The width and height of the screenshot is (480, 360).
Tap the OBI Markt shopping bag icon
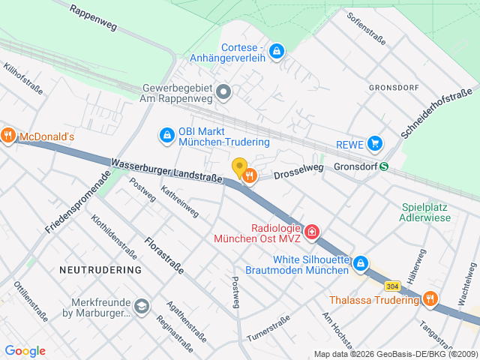click(166, 135)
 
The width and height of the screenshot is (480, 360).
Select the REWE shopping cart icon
click(375, 143)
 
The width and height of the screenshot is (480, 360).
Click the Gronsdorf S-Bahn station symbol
click(384, 166)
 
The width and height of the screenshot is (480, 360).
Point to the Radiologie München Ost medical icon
click(312, 232)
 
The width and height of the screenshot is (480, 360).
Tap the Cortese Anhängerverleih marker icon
click(277, 51)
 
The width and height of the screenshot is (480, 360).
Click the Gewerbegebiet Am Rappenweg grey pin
click(223, 93)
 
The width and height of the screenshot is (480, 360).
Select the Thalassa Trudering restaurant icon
click(430, 299)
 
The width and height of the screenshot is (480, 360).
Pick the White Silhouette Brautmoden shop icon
click(361, 263)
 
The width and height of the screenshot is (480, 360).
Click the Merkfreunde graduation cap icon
click(141, 306)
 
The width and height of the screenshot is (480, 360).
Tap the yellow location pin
click(239, 168)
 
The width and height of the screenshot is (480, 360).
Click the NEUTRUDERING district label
click(100, 269)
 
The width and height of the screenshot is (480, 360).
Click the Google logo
click(25, 351)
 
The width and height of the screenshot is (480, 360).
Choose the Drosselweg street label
click(298, 170)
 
